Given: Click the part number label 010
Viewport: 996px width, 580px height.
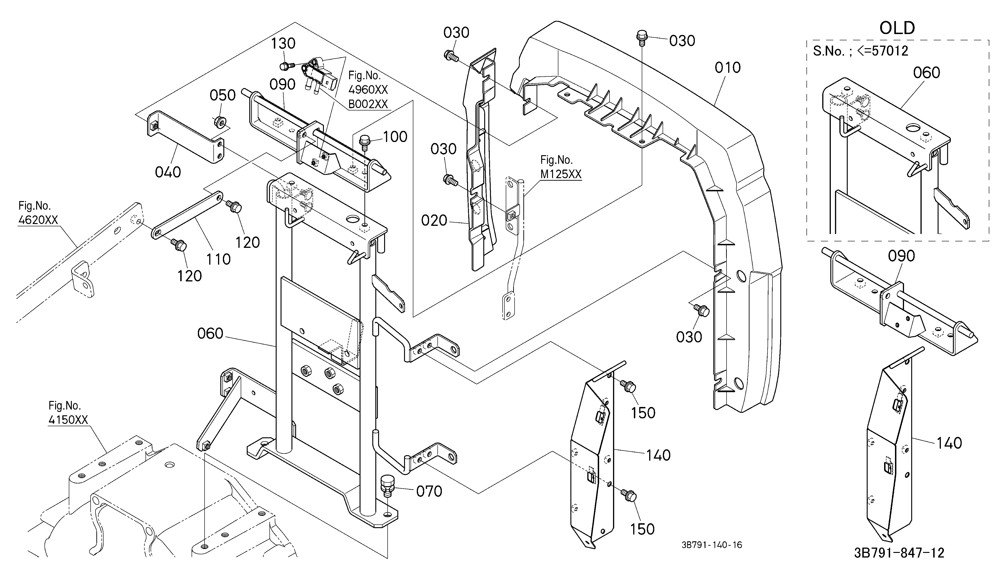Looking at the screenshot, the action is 728,68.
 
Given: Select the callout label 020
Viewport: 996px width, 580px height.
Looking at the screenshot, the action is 434,221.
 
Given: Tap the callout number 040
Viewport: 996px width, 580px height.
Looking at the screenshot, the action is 168,172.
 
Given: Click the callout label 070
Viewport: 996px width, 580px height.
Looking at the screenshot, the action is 429,492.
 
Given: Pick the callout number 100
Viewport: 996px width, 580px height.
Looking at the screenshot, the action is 395,137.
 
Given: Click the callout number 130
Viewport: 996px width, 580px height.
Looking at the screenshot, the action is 283,44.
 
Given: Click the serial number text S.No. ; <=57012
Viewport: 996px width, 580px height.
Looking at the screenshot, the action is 860,51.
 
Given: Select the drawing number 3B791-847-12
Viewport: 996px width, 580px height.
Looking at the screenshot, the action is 899,553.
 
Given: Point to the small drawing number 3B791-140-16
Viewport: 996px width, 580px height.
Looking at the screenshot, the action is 712,545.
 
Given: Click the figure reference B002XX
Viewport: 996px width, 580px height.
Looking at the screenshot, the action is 368,104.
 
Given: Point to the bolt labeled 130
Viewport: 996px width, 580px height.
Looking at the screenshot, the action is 287,66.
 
